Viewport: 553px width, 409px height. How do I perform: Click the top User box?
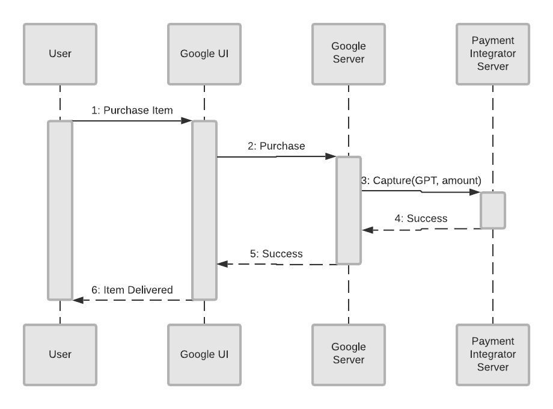click(x=60, y=54)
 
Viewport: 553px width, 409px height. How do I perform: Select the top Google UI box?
click(x=204, y=54)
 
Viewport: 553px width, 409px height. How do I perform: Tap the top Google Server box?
click(x=349, y=54)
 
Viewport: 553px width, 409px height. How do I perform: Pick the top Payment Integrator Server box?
click(x=493, y=54)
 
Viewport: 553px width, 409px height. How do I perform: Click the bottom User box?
click(x=60, y=354)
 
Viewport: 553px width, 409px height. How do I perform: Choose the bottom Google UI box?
click(x=204, y=354)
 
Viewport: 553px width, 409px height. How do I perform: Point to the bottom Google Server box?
click(x=349, y=354)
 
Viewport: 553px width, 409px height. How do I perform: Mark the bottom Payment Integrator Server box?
click(x=493, y=354)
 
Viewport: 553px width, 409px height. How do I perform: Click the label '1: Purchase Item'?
click(x=132, y=110)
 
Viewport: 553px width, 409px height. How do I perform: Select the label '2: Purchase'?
click(x=276, y=146)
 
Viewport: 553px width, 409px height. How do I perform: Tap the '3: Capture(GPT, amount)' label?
click(x=421, y=181)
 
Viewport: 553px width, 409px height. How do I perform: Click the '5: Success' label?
click(x=276, y=253)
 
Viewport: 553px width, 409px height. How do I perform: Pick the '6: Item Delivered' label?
click(x=132, y=289)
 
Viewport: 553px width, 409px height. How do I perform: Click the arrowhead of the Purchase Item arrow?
click(x=187, y=121)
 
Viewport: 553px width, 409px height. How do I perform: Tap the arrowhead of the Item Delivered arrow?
click(x=78, y=300)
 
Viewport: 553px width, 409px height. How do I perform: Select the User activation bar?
click(x=60, y=211)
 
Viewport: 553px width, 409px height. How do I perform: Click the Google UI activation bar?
click(x=204, y=211)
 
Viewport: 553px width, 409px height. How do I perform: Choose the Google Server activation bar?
click(x=349, y=211)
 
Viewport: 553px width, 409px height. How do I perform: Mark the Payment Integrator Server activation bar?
click(x=493, y=211)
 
